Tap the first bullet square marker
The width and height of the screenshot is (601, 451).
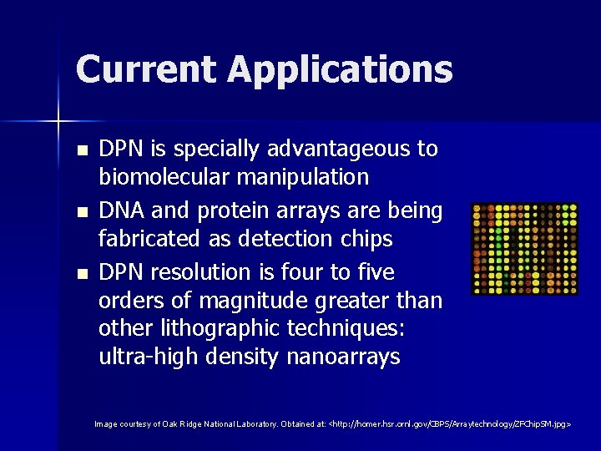click(x=81, y=151)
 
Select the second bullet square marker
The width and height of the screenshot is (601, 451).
click(x=81, y=213)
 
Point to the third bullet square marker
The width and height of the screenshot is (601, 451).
click(x=81, y=274)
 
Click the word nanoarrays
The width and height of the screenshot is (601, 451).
click(x=343, y=357)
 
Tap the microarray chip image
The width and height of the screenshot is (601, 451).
click(x=525, y=249)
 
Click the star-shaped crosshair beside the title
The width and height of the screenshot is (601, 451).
click(x=58, y=122)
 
